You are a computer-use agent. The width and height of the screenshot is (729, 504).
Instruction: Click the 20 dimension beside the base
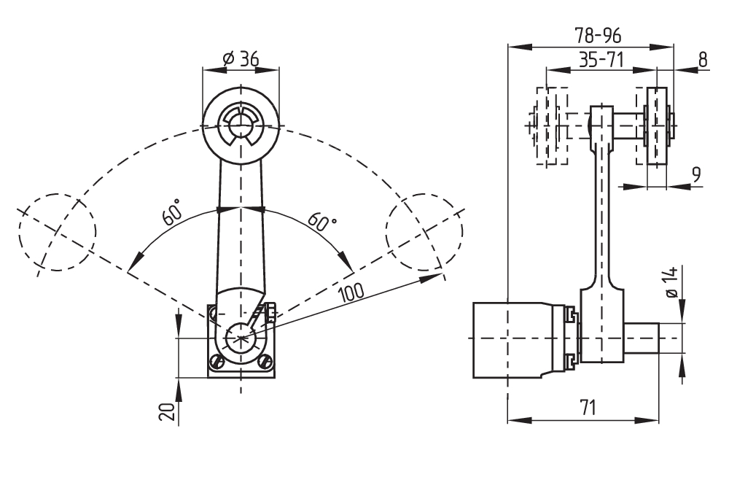pos(168,413)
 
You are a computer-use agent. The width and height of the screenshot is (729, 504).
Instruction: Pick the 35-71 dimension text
pos(601,61)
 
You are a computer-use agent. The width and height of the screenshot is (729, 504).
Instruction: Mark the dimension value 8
pos(703,60)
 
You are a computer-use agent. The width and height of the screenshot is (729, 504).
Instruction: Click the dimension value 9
pos(696,175)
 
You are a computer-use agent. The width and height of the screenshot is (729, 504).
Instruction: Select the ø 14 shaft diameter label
pos(672,282)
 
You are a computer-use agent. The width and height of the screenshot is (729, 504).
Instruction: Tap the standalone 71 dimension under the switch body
pos(588,408)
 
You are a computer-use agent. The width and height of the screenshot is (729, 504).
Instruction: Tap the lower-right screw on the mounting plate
pos(266,360)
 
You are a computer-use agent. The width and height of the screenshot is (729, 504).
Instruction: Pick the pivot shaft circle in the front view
pos(241,338)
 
